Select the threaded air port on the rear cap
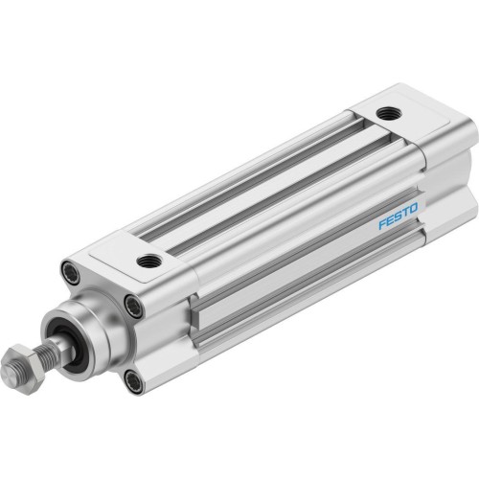(x=386, y=114)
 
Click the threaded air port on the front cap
(x=148, y=260)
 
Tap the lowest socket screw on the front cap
(x=133, y=381)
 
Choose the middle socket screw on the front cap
(x=133, y=306)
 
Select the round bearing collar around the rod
(x=91, y=331)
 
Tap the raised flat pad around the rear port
(x=400, y=117)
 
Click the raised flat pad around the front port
(x=144, y=254)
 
